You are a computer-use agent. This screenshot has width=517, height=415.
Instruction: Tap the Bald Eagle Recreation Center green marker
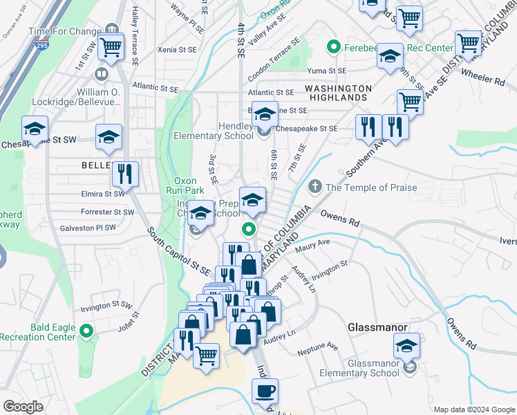coord(86,332)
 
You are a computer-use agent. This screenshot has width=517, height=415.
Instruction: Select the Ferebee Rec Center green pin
coord(333,48)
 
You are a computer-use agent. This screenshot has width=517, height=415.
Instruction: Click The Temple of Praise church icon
coord(314,187)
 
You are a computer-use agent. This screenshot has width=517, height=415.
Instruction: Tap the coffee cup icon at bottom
coord(265,391)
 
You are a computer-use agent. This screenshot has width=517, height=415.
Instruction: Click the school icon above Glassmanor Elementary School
coord(407,345)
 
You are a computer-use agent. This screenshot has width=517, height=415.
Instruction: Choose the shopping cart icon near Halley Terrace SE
coord(111,47)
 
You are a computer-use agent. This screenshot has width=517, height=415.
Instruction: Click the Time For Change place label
coord(65,32)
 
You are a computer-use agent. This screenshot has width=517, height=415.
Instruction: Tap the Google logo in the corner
coord(23,407)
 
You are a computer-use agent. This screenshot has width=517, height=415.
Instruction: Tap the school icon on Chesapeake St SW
coord(35,128)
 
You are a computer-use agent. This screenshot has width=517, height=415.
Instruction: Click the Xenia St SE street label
coord(177,50)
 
